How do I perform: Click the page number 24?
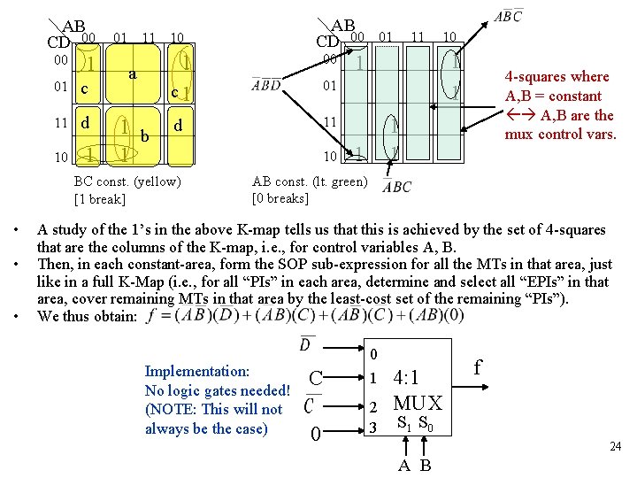pos(616,447)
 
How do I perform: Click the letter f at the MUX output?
pos(479,365)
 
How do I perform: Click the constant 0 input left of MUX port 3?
pos(315,435)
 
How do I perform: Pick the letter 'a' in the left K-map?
pos(131,74)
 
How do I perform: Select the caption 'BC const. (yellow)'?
pos(127,181)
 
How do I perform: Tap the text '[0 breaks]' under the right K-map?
pos(281,197)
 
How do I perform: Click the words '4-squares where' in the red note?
pos(556,77)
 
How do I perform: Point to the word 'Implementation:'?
pos(196,372)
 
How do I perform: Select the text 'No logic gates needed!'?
pos(217,390)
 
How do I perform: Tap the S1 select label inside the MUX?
pos(403,423)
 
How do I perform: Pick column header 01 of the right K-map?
pos(386,36)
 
